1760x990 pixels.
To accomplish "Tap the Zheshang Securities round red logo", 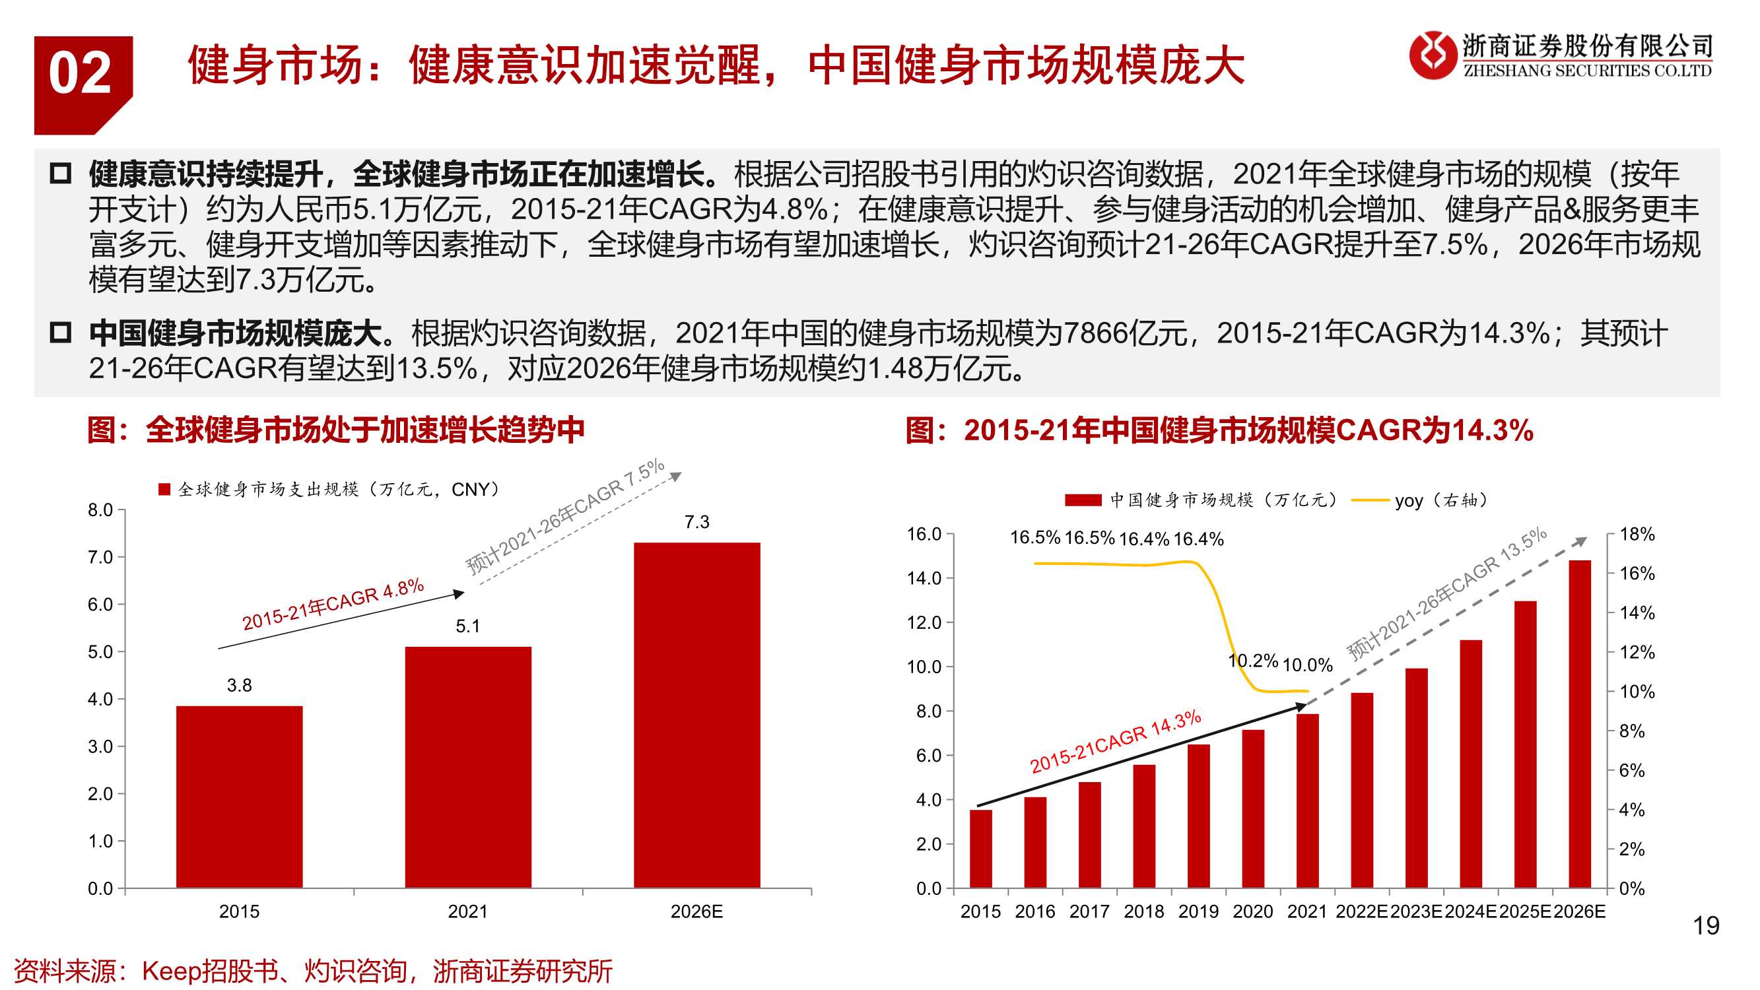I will (1433, 55).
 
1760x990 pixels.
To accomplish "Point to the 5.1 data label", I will (467, 626).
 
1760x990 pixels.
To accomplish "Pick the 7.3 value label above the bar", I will (696, 522).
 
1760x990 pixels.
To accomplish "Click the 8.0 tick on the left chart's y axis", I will (100, 510).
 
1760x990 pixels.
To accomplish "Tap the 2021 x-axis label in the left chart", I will (467, 911).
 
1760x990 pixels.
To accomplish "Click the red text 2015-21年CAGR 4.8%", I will (333, 604).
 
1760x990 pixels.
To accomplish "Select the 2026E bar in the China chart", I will (1579, 724).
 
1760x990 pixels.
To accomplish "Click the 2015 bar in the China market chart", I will (980, 849).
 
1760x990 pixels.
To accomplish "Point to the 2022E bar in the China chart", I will (1362, 790).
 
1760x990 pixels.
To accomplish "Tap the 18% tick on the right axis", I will (1637, 535).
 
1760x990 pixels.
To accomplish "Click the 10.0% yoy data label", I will (1307, 665).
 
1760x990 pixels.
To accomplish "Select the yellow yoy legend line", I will (1370, 500).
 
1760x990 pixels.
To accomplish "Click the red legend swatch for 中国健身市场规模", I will (1082, 500).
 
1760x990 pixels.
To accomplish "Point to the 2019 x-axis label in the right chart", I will (1198, 911).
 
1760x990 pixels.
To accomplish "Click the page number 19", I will (1705, 926).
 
